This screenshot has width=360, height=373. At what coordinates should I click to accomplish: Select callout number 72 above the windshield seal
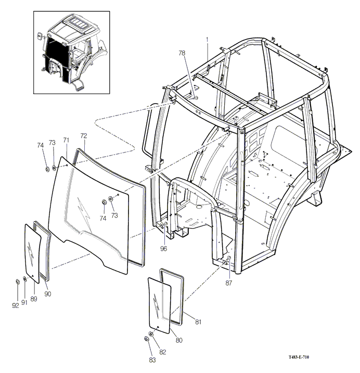pyautogui.click(x=83, y=136)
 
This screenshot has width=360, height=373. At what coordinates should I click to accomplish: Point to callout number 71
pyautogui.click(x=66, y=140)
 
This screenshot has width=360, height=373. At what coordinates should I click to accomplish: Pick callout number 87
pyautogui.click(x=228, y=283)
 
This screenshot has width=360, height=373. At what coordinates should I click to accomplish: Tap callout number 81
pyautogui.click(x=198, y=321)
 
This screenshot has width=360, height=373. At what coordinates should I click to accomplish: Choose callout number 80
pyautogui.click(x=179, y=341)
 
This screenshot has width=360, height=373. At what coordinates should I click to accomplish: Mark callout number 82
pyautogui.click(x=162, y=352)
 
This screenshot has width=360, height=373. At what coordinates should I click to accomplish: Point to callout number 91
pyautogui.click(x=24, y=302)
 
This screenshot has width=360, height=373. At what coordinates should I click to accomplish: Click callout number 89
pyautogui.click(x=34, y=299)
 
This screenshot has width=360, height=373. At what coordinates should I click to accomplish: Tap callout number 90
pyautogui.click(x=47, y=294)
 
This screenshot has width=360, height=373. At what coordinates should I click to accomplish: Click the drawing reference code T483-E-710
pyautogui.click(x=302, y=357)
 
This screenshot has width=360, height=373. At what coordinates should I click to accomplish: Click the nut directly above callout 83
pyautogui.click(x=146, y=340)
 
